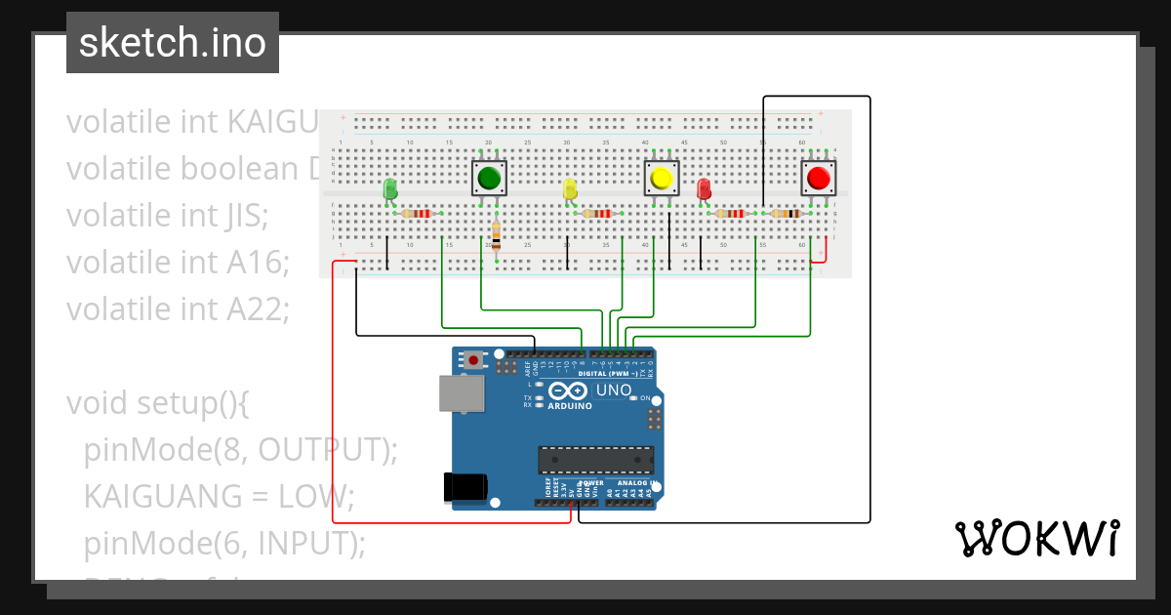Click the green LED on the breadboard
(x=390, y=188)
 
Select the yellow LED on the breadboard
(x=571, y=188)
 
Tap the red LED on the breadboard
(x=704, y=188)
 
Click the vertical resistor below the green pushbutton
(x=497, y=235)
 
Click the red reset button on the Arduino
(x=474, y=359)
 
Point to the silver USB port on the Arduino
(x=461, y=393)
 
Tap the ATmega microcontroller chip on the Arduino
(x=596, y=460)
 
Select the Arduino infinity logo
(x=569, y=390)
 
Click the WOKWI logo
(x=1035, y=538)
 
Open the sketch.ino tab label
(x=173, y=43)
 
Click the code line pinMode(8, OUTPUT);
(x=241, y=449)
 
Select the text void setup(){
(x=157, y=402)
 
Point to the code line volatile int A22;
(x=179, y=308)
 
